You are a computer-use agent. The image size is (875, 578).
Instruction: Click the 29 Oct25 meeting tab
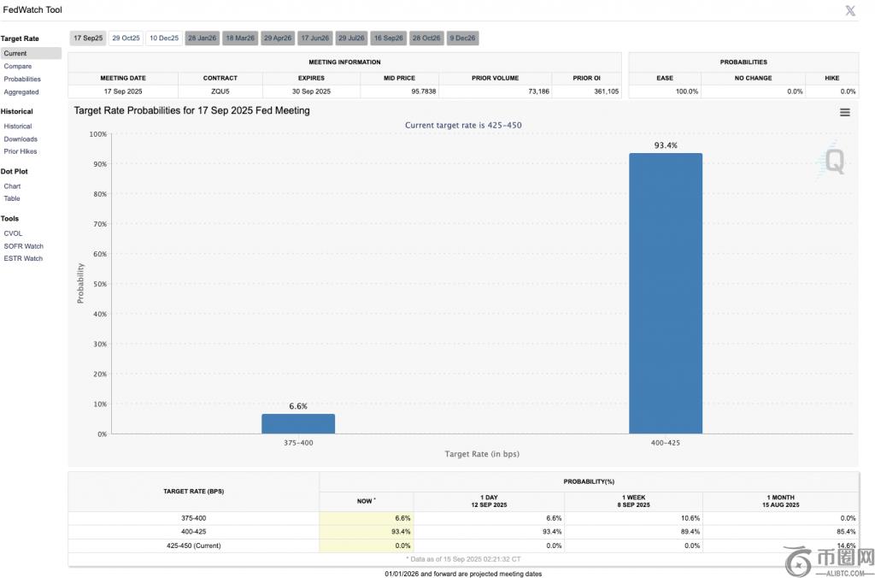(125, 38)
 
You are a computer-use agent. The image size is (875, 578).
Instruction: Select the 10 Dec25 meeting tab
(163, 38)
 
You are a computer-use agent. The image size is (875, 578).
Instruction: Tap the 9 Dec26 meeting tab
(463, 38)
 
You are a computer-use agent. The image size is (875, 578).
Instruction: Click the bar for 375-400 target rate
(298, 423)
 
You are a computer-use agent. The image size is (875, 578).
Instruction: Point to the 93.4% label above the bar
(666, 145)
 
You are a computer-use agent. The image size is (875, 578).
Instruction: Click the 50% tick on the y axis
(100, 284)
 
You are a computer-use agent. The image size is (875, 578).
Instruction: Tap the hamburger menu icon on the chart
(844, 112)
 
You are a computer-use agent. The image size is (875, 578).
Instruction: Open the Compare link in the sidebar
(18, 66)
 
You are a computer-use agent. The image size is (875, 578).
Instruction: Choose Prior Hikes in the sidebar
(21, 151)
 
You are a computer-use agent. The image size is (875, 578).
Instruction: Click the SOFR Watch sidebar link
(23, 245)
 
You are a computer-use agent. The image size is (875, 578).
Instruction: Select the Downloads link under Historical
(21, 139)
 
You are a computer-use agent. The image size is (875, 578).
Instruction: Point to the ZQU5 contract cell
(220, 91)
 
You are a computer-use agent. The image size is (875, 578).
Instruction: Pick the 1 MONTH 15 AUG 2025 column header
(781, 501)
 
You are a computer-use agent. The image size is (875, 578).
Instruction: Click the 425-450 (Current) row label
(193, 545)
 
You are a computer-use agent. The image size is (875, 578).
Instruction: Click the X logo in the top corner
(850, 10)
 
